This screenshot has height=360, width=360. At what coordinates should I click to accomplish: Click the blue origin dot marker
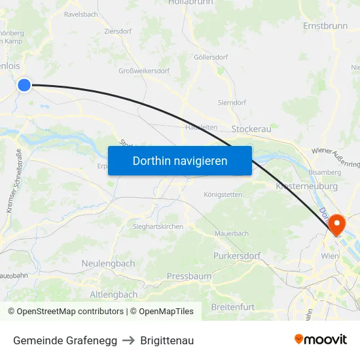(24, 84)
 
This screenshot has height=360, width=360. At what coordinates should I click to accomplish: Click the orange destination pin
(337, 224)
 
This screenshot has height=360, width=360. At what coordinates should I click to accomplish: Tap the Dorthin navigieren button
(180, 160)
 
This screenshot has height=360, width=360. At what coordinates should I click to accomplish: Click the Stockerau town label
(251, 130)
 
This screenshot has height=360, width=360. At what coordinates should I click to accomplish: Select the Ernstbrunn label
(325, 26)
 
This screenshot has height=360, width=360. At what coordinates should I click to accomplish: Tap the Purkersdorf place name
(237, 255)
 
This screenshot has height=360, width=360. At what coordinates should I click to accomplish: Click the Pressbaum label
(189, 276)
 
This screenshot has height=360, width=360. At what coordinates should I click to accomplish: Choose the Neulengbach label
(108, 263)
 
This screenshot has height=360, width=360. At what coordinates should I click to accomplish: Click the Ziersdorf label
(118, 31)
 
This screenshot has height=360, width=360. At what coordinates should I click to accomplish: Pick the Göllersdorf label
(211, 57)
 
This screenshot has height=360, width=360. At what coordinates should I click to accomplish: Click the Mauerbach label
(232, 233)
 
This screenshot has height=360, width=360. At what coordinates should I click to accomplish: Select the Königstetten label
(223, 194)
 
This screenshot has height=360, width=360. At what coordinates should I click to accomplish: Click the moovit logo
(320, 340)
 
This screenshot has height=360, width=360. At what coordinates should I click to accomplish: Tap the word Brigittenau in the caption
(167, 340)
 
